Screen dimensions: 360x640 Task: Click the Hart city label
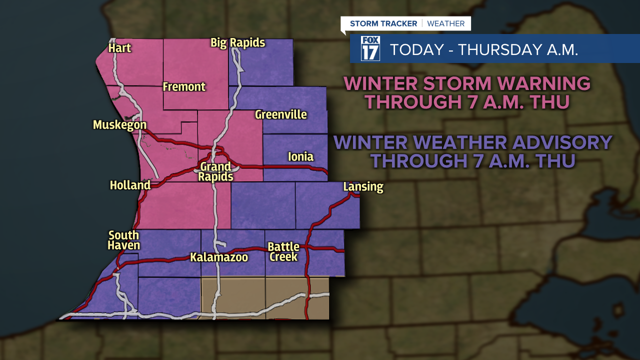(x=120, y=48)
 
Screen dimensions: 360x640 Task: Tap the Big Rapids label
(x=237, y=42)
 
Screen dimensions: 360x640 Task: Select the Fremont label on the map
(x=184, y=87)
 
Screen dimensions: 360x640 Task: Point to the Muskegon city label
(x=120, y=125)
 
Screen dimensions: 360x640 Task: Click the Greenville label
(x=280, y=114)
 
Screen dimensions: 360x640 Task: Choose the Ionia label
(x=300, y=157)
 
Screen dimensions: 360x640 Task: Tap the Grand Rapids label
(x=215, y=171)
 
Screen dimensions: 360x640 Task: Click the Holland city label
(x=130, y=185)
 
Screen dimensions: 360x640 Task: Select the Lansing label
(x=363, y=187)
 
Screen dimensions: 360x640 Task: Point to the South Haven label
(x=124, y=240)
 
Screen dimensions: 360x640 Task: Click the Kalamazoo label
(x=219, y=257)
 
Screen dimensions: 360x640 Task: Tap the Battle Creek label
(x=283, y=252)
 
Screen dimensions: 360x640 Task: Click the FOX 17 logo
(x=370, y=48)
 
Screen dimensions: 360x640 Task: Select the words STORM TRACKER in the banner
(x=384, y=23)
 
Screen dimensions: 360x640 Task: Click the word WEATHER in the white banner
(x=445, y=23)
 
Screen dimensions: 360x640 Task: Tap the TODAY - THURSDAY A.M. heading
(x=483, y=50)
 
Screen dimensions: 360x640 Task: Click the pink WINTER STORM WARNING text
(x=467, y=92)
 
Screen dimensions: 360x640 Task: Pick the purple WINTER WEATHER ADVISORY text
(x=473, y=151)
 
